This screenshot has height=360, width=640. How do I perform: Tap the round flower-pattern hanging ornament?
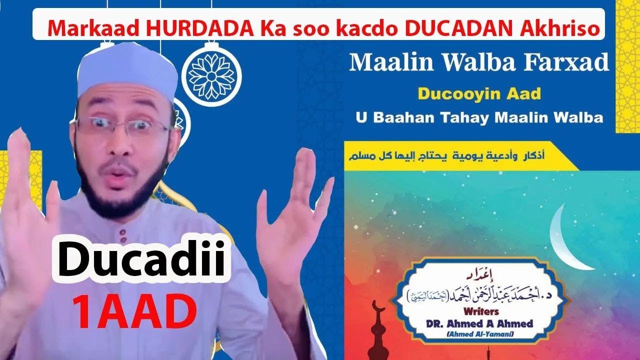(211, 75)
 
